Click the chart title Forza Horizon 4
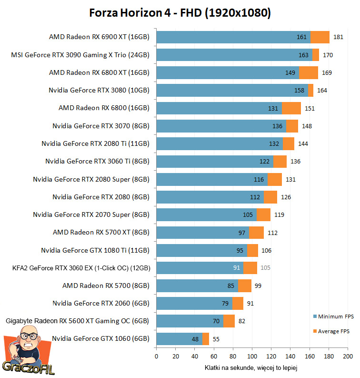click(180, 13)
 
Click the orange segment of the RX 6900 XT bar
click(320, 37)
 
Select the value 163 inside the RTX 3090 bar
click(303, 55)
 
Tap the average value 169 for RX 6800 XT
click(327, 73)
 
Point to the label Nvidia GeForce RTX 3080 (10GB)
click(99, 91)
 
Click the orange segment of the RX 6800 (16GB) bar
click(291, 108)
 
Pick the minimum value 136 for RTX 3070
click(277, 126)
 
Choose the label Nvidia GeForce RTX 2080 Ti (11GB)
click(95, 143)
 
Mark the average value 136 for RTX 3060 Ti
click(295, 162)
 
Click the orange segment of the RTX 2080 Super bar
click(274, 179)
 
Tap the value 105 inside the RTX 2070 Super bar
click(248, 215)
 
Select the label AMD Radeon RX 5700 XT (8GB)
click(101, 232)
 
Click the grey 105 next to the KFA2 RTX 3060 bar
click(265, 268)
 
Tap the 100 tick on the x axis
click(252, 357)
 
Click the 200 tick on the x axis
click(348, 357)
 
